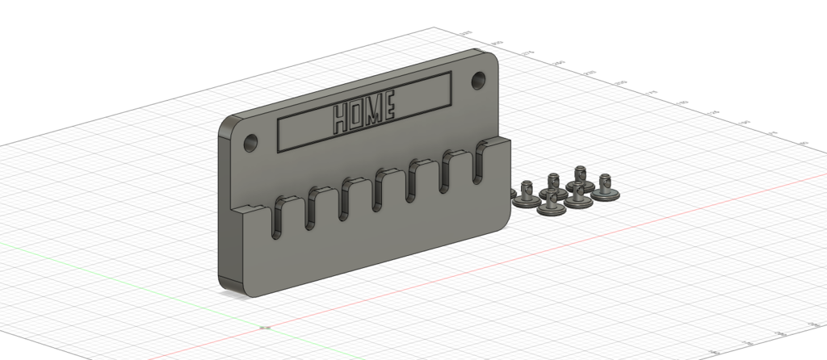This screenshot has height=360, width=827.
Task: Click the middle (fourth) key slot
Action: [x=380, y=189]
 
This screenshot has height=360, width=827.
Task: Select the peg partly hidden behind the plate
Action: [x=512, y=192]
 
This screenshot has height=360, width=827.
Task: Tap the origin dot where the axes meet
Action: [x=267, y=328]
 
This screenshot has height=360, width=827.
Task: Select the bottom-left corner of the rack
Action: [x=222, y=283]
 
